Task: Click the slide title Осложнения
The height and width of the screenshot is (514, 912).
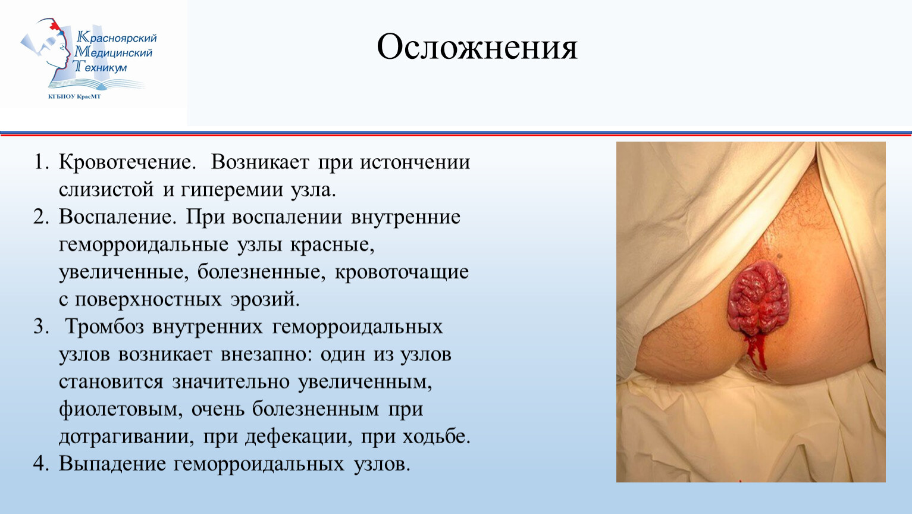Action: (477, 47)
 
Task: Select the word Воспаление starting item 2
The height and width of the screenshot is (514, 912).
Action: (118, 218)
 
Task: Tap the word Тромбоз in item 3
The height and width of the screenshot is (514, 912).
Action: (105, 327)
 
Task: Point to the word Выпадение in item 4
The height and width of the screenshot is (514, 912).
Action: (112, 464)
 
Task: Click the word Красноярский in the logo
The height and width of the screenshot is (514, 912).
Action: (117, 38)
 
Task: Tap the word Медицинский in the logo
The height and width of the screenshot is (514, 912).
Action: (113, 52)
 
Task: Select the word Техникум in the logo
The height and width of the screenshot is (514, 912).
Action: (100, 67)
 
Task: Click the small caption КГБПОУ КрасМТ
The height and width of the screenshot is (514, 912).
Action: (74, 96)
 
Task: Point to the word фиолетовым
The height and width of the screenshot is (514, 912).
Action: (121, 409)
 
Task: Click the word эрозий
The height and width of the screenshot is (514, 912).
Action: (265, 299)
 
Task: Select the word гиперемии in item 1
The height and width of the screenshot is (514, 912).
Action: (231, 190)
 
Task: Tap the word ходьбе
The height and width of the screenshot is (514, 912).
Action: (437, 437)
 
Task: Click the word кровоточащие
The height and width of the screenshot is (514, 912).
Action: (402, 272)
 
